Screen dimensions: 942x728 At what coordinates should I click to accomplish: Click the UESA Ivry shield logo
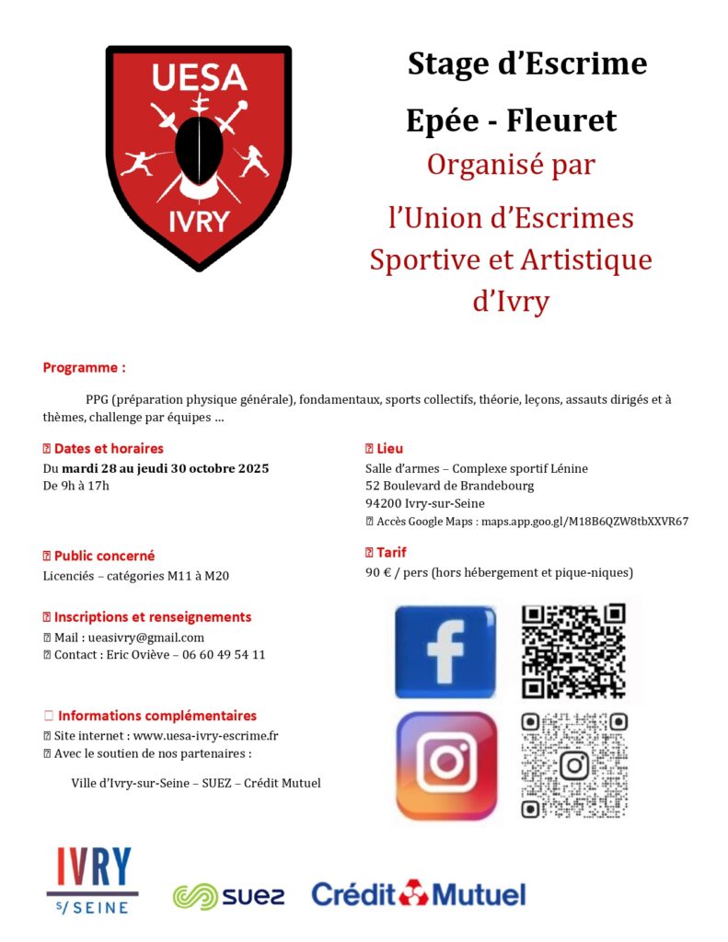(x=198, y=156)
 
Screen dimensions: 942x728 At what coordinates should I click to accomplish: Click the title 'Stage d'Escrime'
(x=527, y=64)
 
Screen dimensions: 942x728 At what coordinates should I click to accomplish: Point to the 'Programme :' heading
(x=85, y=367)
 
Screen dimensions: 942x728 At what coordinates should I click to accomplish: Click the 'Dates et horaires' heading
(x=109, y=449)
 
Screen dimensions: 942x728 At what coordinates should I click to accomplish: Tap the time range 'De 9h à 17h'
(x=76, y=486)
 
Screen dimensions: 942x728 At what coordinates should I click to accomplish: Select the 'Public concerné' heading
(x=104, y=556)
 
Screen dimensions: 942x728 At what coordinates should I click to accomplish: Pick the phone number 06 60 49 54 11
(x=224, y=654)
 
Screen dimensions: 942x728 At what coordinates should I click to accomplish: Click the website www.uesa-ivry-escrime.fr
(x=206, y=734)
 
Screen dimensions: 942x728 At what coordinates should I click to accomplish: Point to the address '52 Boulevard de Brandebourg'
(x=449, y=486)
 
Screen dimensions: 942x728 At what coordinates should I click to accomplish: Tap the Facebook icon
(x=445, y=650)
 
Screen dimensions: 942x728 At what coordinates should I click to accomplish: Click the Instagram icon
(x=446, y=764)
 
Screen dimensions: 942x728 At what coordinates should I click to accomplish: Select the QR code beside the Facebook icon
(x=573, y=650)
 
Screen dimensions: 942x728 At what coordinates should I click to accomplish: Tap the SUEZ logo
(x=229, y=895)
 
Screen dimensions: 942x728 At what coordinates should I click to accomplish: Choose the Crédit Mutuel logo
(x=419, y=893)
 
